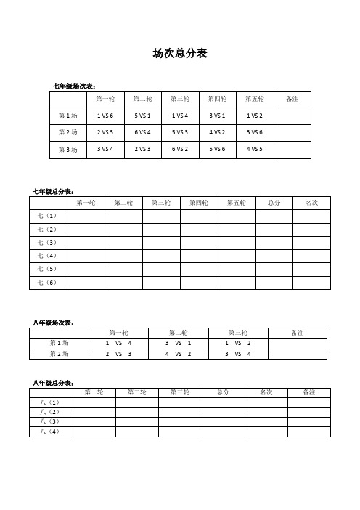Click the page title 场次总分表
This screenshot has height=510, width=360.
click(180, 53)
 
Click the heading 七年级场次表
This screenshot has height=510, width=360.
click(75, 86)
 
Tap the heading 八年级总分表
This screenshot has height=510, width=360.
click(53, 383)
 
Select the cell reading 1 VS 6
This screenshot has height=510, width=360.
click(105, 116)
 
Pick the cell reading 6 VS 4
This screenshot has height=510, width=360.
click(142, 132)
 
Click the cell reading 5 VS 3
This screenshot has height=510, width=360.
click(180, 132)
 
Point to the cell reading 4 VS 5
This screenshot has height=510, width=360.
click(255, 149)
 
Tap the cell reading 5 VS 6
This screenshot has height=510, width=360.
click(217, 149)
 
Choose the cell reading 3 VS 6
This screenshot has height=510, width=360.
click(255, 132)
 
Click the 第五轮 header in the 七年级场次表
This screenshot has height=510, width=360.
click(255, 98)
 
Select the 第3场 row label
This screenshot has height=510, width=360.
click(67, 149)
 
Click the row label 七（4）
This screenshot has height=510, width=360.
click(48, 255)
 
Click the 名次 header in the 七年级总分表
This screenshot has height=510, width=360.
click(312, 202)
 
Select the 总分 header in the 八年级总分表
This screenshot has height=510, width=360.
click(223, 392)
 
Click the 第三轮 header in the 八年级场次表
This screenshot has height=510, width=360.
click(238, 333)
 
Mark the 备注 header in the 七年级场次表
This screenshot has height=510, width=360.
click(292, 98)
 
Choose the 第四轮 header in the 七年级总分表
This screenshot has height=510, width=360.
click(199, 202)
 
